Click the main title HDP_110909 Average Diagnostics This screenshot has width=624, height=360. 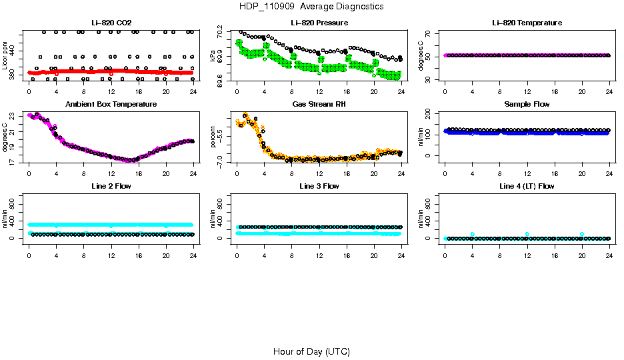pos(311,6)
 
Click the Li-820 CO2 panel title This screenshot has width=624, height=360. pos(111,23)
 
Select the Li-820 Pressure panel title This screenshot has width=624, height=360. pos(319,23)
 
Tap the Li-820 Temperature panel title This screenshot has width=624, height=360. pos(527,23)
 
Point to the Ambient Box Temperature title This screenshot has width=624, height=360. pos(111,104)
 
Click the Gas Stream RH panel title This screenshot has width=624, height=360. pos(319,104)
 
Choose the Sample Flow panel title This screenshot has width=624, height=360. pos(527,104)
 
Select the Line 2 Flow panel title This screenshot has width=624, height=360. pos(111,186)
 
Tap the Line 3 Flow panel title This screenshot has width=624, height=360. pos(319,186)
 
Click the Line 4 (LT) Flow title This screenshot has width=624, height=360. pos(527,186)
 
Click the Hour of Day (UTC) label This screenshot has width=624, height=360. pos(311,351)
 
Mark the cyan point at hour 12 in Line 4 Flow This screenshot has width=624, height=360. pos(527,234)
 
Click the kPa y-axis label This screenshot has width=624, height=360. pos(213,57)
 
